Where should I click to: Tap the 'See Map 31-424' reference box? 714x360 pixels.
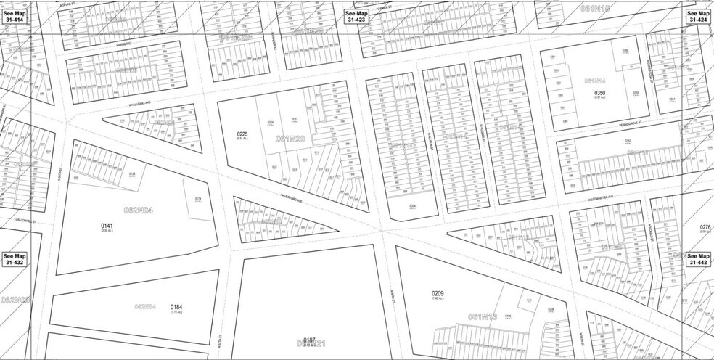click(699, 17)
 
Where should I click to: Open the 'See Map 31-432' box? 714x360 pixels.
click(14, 260)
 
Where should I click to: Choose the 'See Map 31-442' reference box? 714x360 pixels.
click(699, 260)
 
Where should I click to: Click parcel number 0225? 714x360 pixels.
click(243, 135)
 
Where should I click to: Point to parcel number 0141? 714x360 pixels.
click(107, 226)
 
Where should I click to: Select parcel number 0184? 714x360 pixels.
click(176, 307)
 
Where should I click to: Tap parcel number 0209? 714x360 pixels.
click(437, 294)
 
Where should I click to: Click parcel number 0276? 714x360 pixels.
click(705, 228)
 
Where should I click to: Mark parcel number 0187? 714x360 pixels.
click(309, 340)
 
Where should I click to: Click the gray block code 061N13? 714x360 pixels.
click(483, 316)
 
